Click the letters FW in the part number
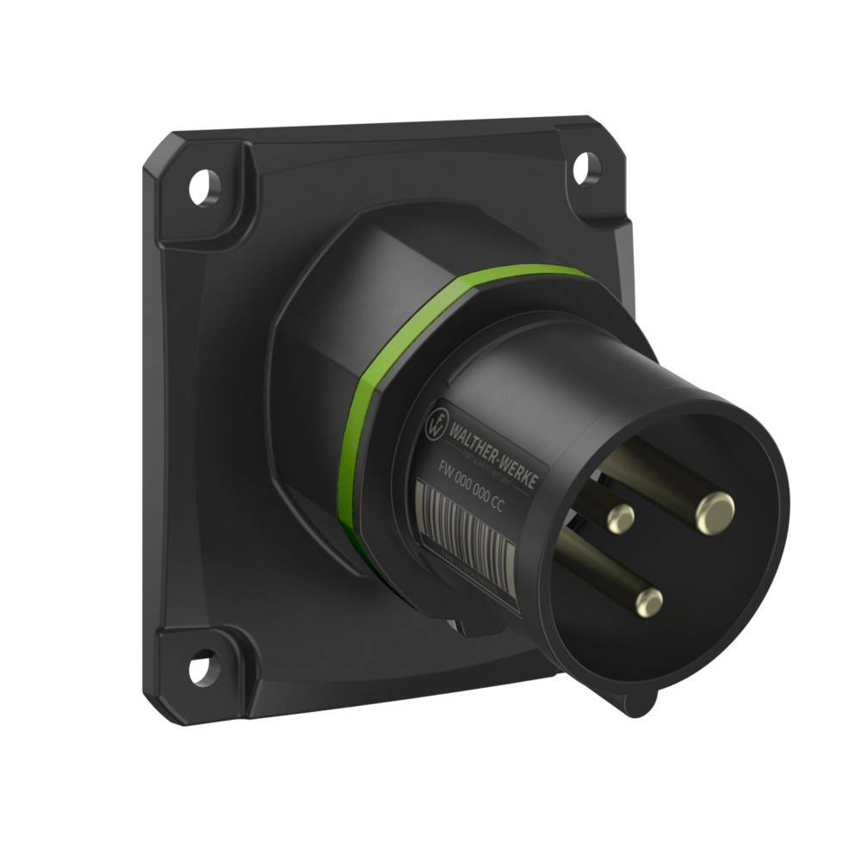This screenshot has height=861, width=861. click(446, 470)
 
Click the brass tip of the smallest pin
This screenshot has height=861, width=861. click(619, 517)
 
